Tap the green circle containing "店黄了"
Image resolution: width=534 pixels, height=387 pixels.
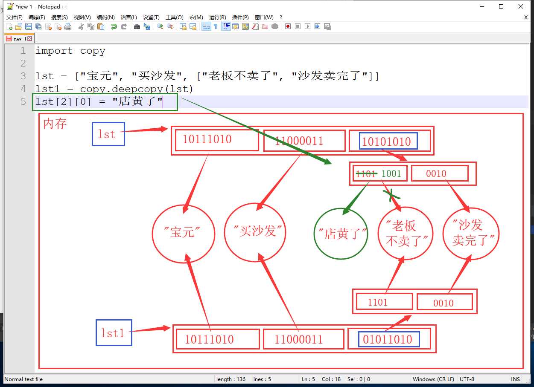point(315,233)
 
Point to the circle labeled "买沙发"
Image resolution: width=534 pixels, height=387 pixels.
point(225,232)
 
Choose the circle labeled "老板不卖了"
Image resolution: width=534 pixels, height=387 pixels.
point(378,233)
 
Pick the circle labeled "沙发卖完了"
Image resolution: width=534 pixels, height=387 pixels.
point(443,233)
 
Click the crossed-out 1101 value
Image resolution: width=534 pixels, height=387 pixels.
point(366,174)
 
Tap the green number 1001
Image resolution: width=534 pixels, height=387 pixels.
point(391,173)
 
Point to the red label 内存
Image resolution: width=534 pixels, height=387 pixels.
point(55,124)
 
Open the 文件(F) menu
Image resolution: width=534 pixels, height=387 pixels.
point(15,17)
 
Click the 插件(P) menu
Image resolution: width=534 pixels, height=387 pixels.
point(240,17)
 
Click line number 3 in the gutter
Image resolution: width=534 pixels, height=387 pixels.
point(23,76)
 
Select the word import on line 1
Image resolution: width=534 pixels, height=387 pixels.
point(54,51)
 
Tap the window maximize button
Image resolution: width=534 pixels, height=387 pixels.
point(501,6)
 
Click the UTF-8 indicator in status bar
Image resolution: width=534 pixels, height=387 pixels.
point(467,379)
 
